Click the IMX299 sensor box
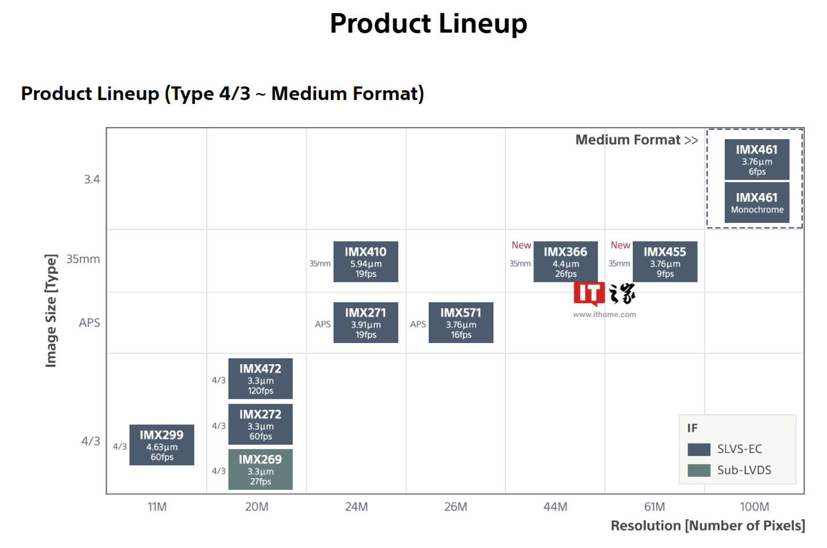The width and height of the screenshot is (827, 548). tap(161, 445)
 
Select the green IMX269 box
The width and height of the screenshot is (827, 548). tap(260, 469)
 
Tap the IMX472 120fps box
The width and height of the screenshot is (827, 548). tap(260, 379)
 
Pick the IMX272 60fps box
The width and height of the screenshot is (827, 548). tap(260, 424)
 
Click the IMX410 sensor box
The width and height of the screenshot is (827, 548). tap(365, 261)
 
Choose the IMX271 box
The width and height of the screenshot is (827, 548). tap(365, 322)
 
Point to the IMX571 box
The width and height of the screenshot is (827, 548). tap(461, 322)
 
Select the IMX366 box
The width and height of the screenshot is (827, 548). tap(565, 261)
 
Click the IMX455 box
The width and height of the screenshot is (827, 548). tap(664, 261)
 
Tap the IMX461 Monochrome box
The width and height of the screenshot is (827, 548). tap(756, 202)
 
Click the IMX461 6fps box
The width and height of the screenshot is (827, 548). tap(756, 159)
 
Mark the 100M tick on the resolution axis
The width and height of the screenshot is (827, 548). tap(754, 507)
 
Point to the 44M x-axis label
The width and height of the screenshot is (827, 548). tap(555, 507)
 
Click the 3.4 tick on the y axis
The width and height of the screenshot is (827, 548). tap(92, 179)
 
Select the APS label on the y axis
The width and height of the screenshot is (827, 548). tap(90, 323)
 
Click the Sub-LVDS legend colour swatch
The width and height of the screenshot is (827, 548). tap(699, 470)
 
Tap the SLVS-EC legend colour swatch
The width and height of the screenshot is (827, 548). tap(699, 449)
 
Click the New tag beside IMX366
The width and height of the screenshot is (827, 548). tap(521, 245)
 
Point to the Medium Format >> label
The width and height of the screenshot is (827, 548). tap(636, 140)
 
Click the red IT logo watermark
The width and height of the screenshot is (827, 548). tap(589, 294)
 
